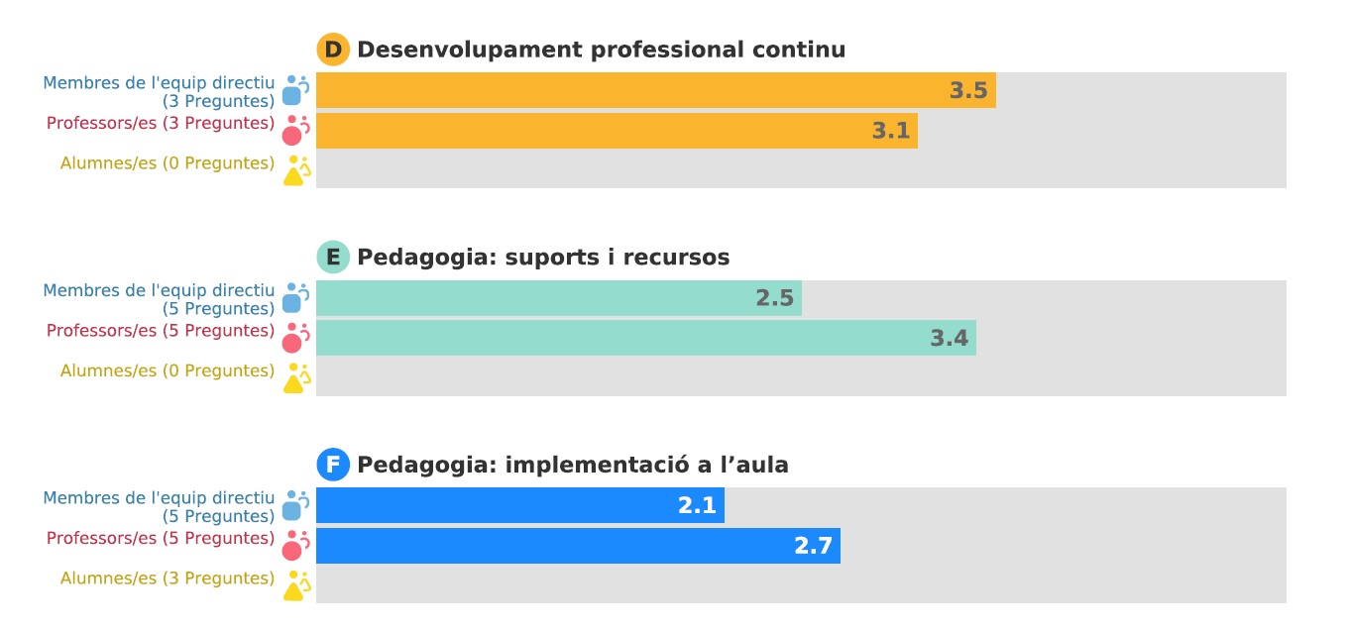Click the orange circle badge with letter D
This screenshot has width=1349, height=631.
click(x=333, y=50)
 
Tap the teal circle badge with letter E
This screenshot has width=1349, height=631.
click(x=333, y=258)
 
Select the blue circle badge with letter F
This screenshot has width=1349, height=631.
click(x=333, y=465)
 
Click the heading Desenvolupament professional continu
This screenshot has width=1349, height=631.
click(x=601, y=50)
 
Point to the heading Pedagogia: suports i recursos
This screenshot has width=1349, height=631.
click(x=543, y=258)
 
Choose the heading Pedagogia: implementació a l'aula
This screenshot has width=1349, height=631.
click(x=573, y=465)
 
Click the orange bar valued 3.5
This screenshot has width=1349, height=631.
click(x=655, y=90)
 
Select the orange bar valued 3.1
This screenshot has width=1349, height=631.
click(x=617, y=131)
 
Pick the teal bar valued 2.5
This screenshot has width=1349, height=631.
click(x=558, y=298)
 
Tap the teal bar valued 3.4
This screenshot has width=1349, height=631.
click(x=645, y=338)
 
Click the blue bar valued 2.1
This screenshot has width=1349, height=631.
click(x=519, y=505)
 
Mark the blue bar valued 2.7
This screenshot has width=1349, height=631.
click(x=578, y=546)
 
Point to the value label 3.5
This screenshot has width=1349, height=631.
click(x=968, y=90)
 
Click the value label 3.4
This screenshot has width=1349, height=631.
click(x=949, y=338)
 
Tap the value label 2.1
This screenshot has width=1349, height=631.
click(x=697, y=505)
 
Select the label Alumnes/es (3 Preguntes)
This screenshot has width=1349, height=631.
click(x=168, y=578)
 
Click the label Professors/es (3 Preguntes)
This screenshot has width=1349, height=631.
click(x=161, y=124)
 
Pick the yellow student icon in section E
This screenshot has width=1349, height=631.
click(x=295, y=378)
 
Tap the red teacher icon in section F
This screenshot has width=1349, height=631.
click(x=294, y=546)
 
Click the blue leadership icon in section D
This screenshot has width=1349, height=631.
click(x=294, y=90)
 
